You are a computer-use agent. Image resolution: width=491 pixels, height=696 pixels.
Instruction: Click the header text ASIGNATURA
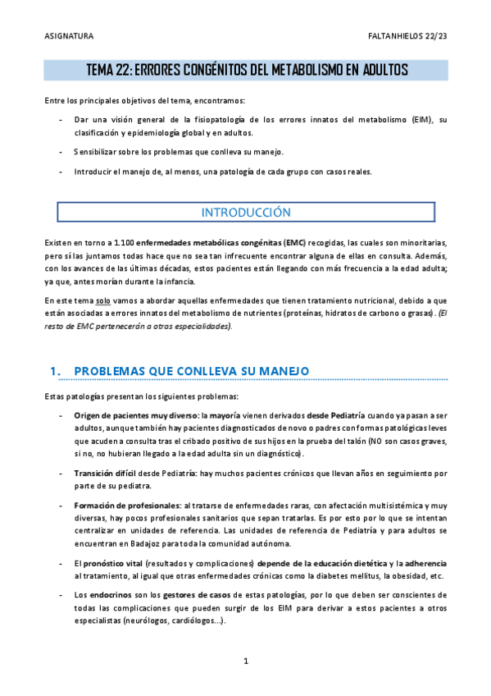68,37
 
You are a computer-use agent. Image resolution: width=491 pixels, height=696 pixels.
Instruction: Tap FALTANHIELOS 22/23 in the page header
408,37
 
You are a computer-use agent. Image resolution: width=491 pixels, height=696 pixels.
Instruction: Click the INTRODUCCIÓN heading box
246,212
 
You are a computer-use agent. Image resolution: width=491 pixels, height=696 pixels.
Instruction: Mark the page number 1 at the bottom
246,662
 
